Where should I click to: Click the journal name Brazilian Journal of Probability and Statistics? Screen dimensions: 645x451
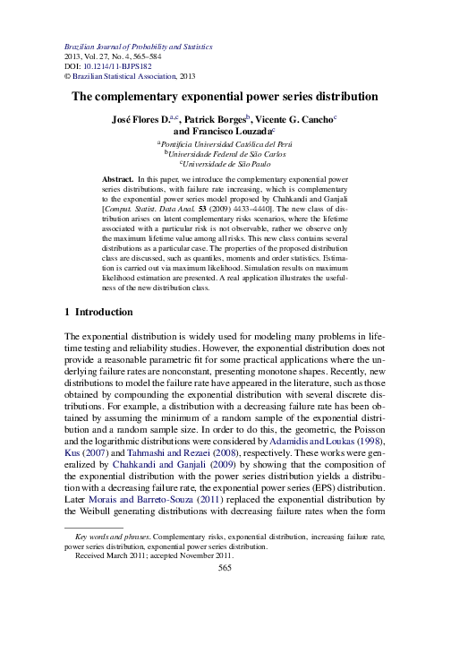click(x=142, y=44)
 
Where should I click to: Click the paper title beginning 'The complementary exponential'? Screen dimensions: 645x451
click(x=225, y=96)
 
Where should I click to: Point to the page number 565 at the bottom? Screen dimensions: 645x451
click(x=225, y=591)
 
